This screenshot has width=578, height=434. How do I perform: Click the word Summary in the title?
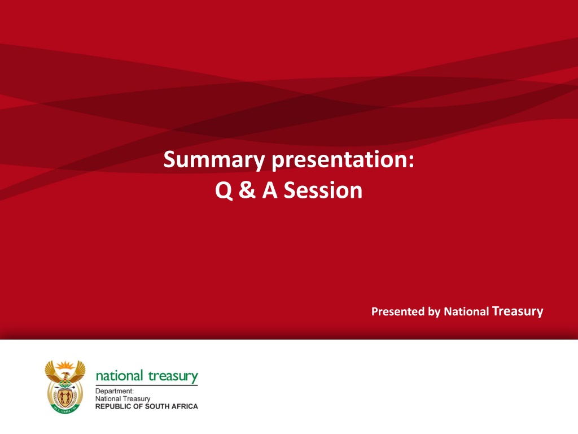(x=214, y=160)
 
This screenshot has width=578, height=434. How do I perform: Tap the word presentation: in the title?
(x=343, y=160)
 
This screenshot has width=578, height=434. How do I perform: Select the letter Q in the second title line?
(x=224, y=190)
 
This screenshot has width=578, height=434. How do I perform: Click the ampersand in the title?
(x=247, y=190)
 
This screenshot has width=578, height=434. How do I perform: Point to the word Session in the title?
(x=323, y=190)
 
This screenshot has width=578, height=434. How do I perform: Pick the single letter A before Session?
(x=270, y=190)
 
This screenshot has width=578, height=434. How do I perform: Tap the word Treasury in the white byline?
(x=518, y=311)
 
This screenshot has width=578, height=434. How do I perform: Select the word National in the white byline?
(x=466, y=311)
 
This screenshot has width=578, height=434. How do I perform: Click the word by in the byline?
(x=434, y=312)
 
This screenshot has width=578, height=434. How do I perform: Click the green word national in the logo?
(x=120, y=376)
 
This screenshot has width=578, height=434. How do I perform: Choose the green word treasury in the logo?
(x=173, y=376)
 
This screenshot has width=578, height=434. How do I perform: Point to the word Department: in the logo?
(x=115, y=391)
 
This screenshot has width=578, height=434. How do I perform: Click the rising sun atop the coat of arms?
(x=65, y=366)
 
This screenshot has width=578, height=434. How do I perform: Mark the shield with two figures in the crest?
(x=65, y=397)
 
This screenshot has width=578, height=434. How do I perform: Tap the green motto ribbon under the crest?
(x=65, y=409)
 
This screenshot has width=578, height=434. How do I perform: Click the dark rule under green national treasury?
(x=147, y=385)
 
